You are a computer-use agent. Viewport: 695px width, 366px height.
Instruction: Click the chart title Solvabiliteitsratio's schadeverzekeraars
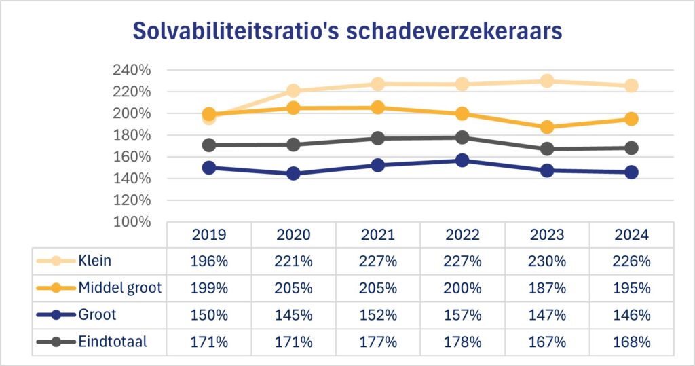coord(347,32)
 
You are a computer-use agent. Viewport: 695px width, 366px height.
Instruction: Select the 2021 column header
coord(377,234)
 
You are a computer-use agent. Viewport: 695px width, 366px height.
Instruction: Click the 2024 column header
coord(631,234)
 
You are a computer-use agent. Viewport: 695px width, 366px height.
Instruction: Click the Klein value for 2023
coord(546,261)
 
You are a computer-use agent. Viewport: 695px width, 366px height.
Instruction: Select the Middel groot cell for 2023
coord(546,288)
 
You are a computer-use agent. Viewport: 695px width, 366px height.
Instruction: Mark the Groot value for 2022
coord(462,315)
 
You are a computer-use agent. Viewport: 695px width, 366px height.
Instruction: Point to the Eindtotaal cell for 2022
coord(462,342)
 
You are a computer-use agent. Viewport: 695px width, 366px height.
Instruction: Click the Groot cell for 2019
coord(209,315)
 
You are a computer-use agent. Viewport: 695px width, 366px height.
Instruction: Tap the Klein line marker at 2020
coord(293,90)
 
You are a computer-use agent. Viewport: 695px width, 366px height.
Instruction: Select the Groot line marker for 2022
coord(462,160)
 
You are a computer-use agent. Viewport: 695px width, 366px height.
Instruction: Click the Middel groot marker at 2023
coord(547,127)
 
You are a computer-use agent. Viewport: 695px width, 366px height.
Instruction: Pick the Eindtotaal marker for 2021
coord(377,138)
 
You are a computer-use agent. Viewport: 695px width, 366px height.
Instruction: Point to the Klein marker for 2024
coord(631,86)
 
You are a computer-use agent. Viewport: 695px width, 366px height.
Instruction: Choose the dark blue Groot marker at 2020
coord(293,173)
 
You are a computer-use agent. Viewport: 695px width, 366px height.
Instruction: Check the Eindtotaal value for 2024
coord(631,342)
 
